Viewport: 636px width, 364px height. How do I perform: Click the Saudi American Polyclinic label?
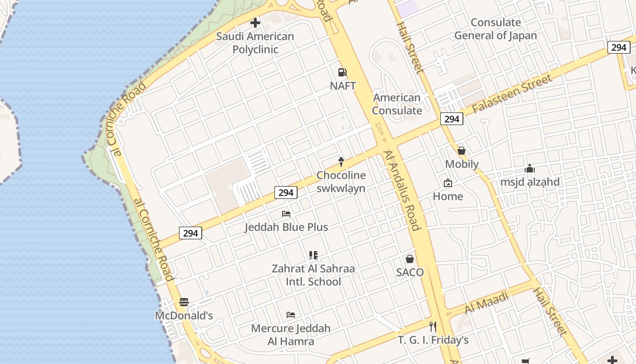pos(255,43)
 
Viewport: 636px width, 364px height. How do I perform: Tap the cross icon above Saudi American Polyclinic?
pos(255,22)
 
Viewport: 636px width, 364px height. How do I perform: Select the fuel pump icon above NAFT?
pos(342,72)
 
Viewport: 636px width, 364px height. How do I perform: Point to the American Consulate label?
pos(397,104)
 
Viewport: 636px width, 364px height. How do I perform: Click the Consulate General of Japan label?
pos(496,29)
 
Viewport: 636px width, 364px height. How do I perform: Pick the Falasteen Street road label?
pos(512,94)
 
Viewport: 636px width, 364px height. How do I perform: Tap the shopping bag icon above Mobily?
pos(462,150)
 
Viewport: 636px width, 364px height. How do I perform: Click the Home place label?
pos(448,197)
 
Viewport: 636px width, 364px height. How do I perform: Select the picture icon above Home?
pos(448,183)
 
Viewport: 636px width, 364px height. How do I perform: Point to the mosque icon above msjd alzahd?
pos(530,169)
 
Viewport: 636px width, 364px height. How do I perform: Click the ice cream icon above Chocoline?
pos(341,161)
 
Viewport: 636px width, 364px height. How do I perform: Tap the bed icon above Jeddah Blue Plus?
pos(286,213)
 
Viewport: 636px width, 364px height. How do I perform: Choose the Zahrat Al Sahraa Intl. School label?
pos(313,275)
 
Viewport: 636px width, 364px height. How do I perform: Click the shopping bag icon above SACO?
pos(410,259)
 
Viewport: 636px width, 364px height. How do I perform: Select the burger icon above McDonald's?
pos(184,302)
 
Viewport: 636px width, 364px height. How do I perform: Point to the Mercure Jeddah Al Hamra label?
pos(291,334)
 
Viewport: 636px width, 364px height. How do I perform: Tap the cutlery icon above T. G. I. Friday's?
pos(432,326)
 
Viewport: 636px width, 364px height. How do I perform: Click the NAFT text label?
pos(343,86)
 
